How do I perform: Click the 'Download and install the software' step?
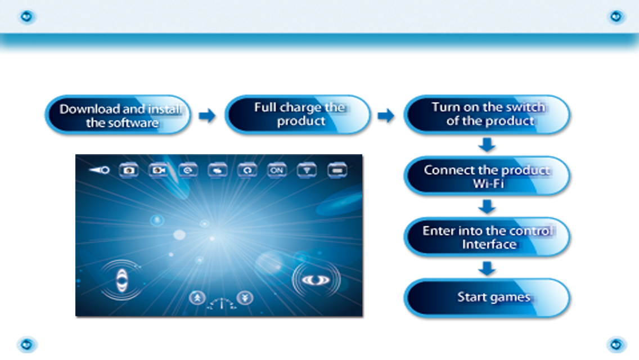click(x=118, y=115)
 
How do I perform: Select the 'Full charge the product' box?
click(x=298, y=115)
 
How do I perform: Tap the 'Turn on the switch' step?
click(x=487, y=115)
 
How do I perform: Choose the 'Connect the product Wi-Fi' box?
click(x=487, y=175)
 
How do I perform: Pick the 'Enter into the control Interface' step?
click(x=487, y=237)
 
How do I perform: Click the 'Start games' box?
click(x=487, y=298)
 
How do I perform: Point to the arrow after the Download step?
click(x=207, y=115)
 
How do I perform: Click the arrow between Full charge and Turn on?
click(x=386, y=115)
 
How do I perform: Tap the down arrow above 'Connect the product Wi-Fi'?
click(x=487, y=145)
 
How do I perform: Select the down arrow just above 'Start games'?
click(x=487, y=268)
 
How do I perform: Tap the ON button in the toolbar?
click(x=277, y=170)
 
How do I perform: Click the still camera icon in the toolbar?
click(x=129, y=170)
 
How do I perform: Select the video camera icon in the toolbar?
click(x=158, y=170)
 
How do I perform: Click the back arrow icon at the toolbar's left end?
click(x=99, y=170)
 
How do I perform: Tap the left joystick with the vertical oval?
click(x=122, y=280)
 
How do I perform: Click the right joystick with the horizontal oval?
click(x=316, y=280)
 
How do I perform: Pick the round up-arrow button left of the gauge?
click(x=197, y=298)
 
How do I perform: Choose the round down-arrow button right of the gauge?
click(x=245, y=298)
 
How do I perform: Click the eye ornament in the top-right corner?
click(x=616, y=16)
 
